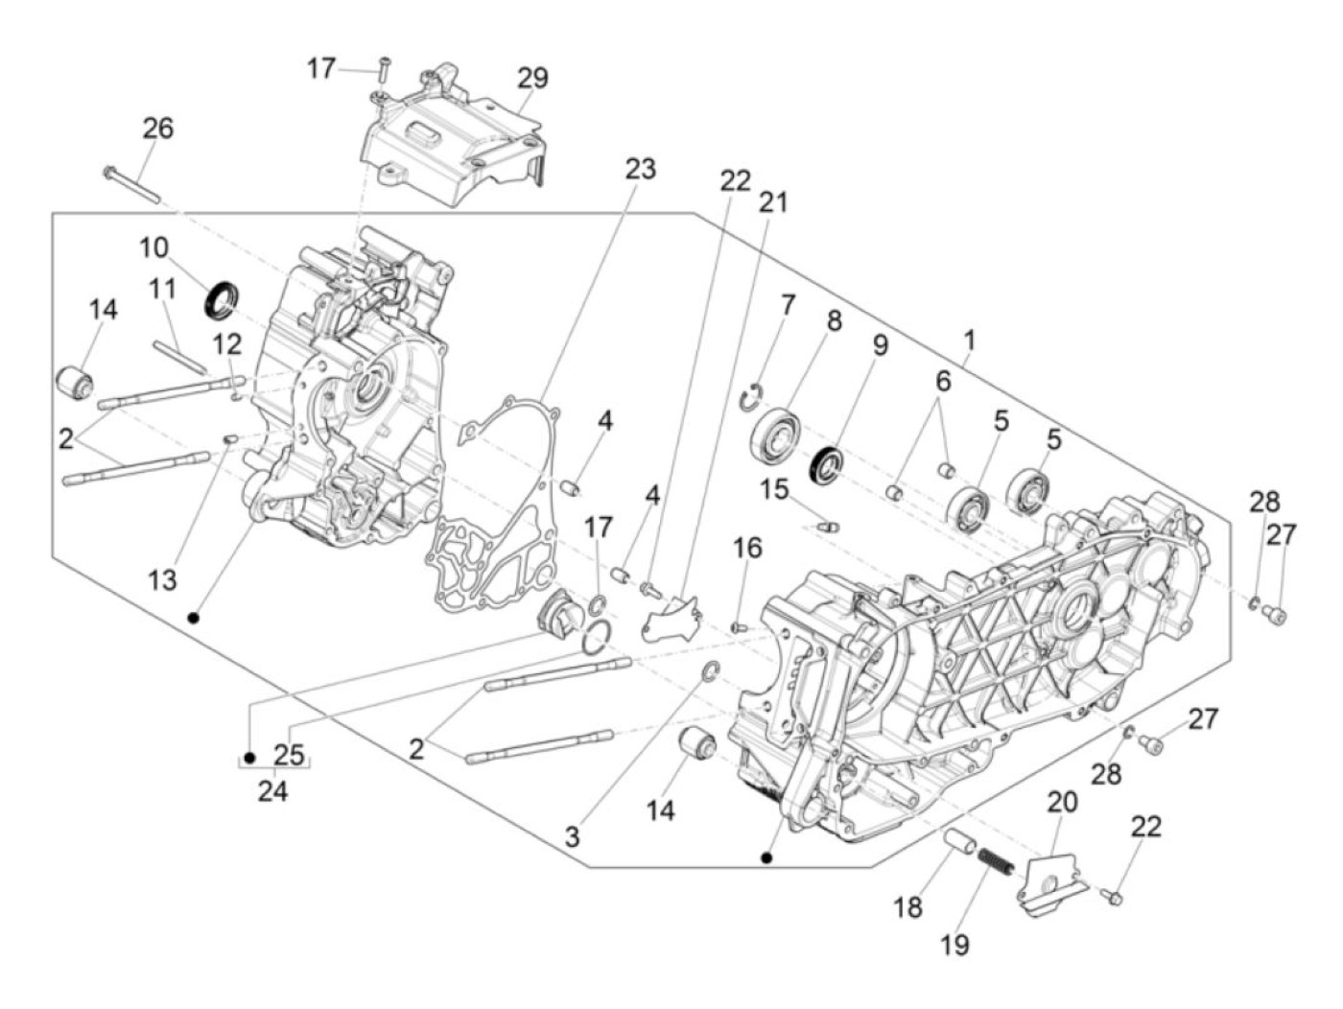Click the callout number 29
tap(532, 79)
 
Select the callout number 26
tap(158, 129)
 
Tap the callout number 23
tap(640, 170)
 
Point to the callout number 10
tap(153, 248)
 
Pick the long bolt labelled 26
tap(131, 184)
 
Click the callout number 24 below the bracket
tap(272, 792)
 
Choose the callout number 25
tap(289, 755)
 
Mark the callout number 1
tap(969, 341)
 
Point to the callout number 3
tap(572, 837)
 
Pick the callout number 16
tap(747, 549)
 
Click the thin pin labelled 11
tap(179, 357)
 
